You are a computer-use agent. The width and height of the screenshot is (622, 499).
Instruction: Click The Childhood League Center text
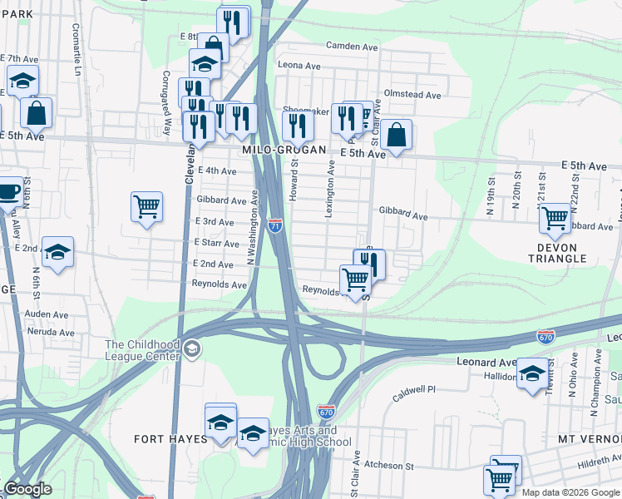tap(142, 350)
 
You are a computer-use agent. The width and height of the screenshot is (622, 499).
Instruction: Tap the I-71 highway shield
tap(276, 225)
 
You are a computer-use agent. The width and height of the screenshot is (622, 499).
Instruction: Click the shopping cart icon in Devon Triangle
tap(555, 219)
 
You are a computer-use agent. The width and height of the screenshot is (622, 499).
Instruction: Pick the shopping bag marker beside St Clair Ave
tap(397, 135)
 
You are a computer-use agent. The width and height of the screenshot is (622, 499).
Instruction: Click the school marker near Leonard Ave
tap(533, 373)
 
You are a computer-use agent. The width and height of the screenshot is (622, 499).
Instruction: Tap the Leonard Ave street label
tap(486, 363)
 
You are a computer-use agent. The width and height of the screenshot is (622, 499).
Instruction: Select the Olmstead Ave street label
tap(412, 95)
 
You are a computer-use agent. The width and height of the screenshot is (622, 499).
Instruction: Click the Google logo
tap(27, 490)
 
